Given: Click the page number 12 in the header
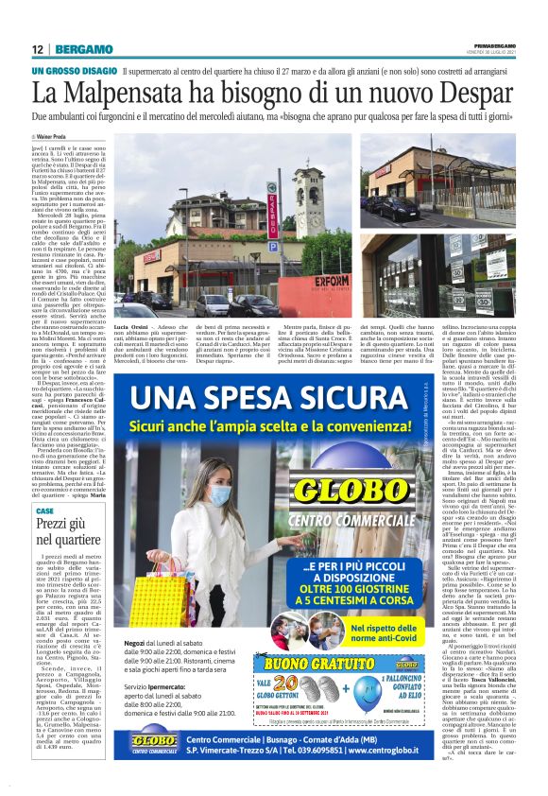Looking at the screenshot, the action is coord(37,48).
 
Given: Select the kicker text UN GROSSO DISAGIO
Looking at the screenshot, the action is coord(72,71).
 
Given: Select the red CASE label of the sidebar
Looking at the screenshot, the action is coord(44,510).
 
